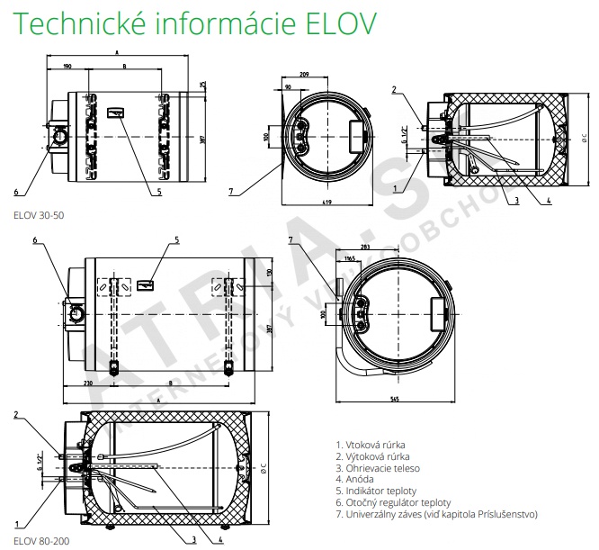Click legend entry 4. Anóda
coord(357,479)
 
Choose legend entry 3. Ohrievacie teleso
coord(377,468)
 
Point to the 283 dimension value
coord(364,246)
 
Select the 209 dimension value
coord(305,72)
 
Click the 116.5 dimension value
coord(351,259)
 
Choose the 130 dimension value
coord(270,272)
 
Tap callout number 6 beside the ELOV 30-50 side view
coord(15,191)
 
